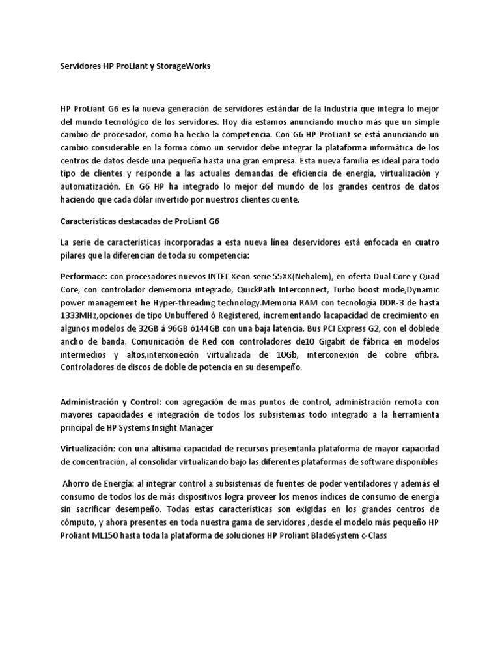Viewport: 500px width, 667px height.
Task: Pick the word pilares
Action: [x=74, y=254]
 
